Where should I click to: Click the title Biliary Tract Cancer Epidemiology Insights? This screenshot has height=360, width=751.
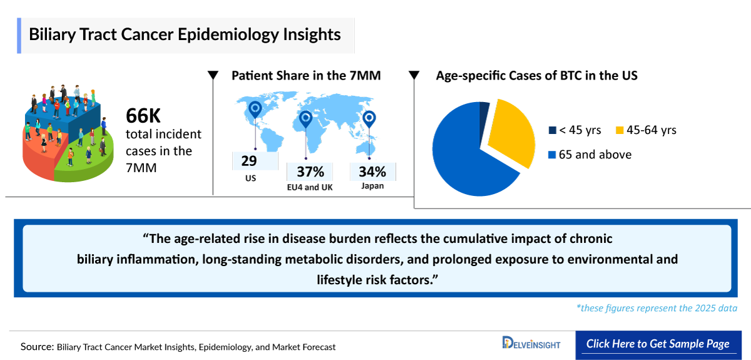click(185, 34)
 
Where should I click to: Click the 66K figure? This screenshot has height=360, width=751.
click(143, 116)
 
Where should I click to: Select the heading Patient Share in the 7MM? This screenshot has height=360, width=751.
click(306, 76)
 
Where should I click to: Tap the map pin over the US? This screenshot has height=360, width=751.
click(254, 110)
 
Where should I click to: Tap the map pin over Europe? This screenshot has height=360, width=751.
click(305, 118)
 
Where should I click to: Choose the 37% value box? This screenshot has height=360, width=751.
click(310, 172)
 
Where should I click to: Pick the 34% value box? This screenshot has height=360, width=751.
click(372, 172)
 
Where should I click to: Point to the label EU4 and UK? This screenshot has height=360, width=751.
click(309, 187)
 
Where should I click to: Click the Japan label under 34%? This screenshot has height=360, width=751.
click(372, 186)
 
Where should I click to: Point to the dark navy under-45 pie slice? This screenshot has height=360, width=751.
click(484, 113)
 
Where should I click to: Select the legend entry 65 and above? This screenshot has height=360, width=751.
click(590, 155)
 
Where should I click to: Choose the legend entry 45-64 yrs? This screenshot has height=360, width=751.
click(646, 130)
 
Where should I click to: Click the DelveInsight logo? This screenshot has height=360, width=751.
click(531, 344)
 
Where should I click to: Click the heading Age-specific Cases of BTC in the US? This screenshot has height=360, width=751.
click(536, 76)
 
